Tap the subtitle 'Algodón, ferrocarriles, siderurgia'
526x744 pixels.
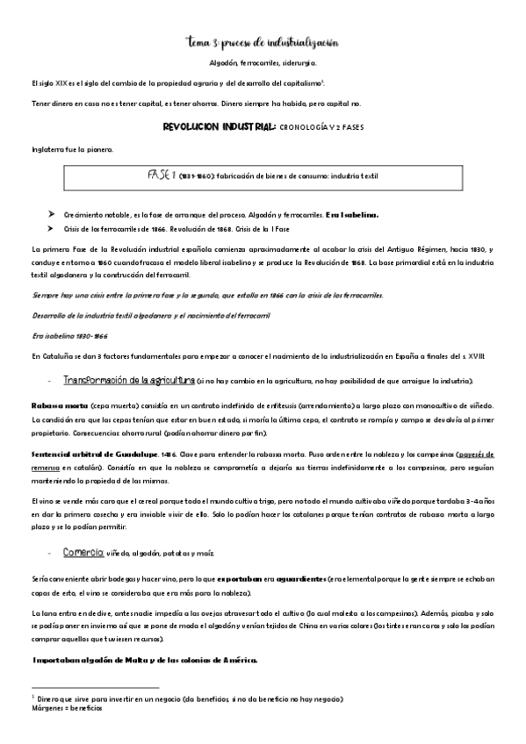pyautogui.click(x=263, y=63)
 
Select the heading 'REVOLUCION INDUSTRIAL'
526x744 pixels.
pyautogui.click(x=220, y=126)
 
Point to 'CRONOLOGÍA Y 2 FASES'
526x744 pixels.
pyautogui.click(x=321, y=127)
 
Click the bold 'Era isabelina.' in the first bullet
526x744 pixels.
pyautogui.click(x=350, y=213)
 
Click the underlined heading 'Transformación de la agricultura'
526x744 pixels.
pyautogui.click(x=128, y=380)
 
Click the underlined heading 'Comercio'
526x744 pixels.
pyautogui.click(x=83, y=553)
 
